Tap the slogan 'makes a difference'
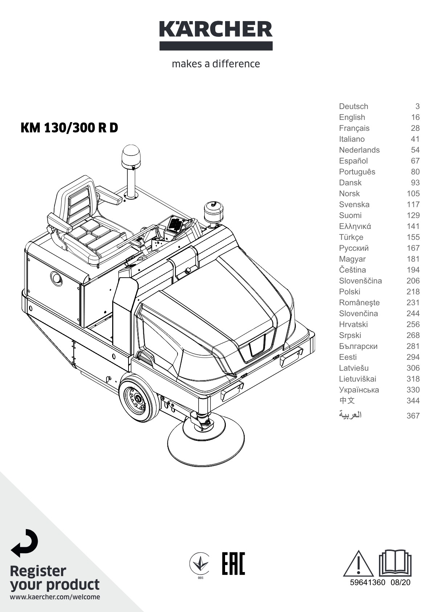point(216,64)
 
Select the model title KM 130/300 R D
point(69,128)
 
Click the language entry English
point(352,117)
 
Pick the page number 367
point(413,415)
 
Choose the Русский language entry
point(354,248)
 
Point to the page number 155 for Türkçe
point(413,237)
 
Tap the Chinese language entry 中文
point(347,400)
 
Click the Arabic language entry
point(350,415)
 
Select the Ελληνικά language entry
point(355,226)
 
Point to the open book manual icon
point(395,563)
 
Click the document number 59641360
point(368,582)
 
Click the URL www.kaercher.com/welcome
point(55,597)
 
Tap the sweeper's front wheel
point(139,400)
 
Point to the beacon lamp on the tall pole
point(131,156)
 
